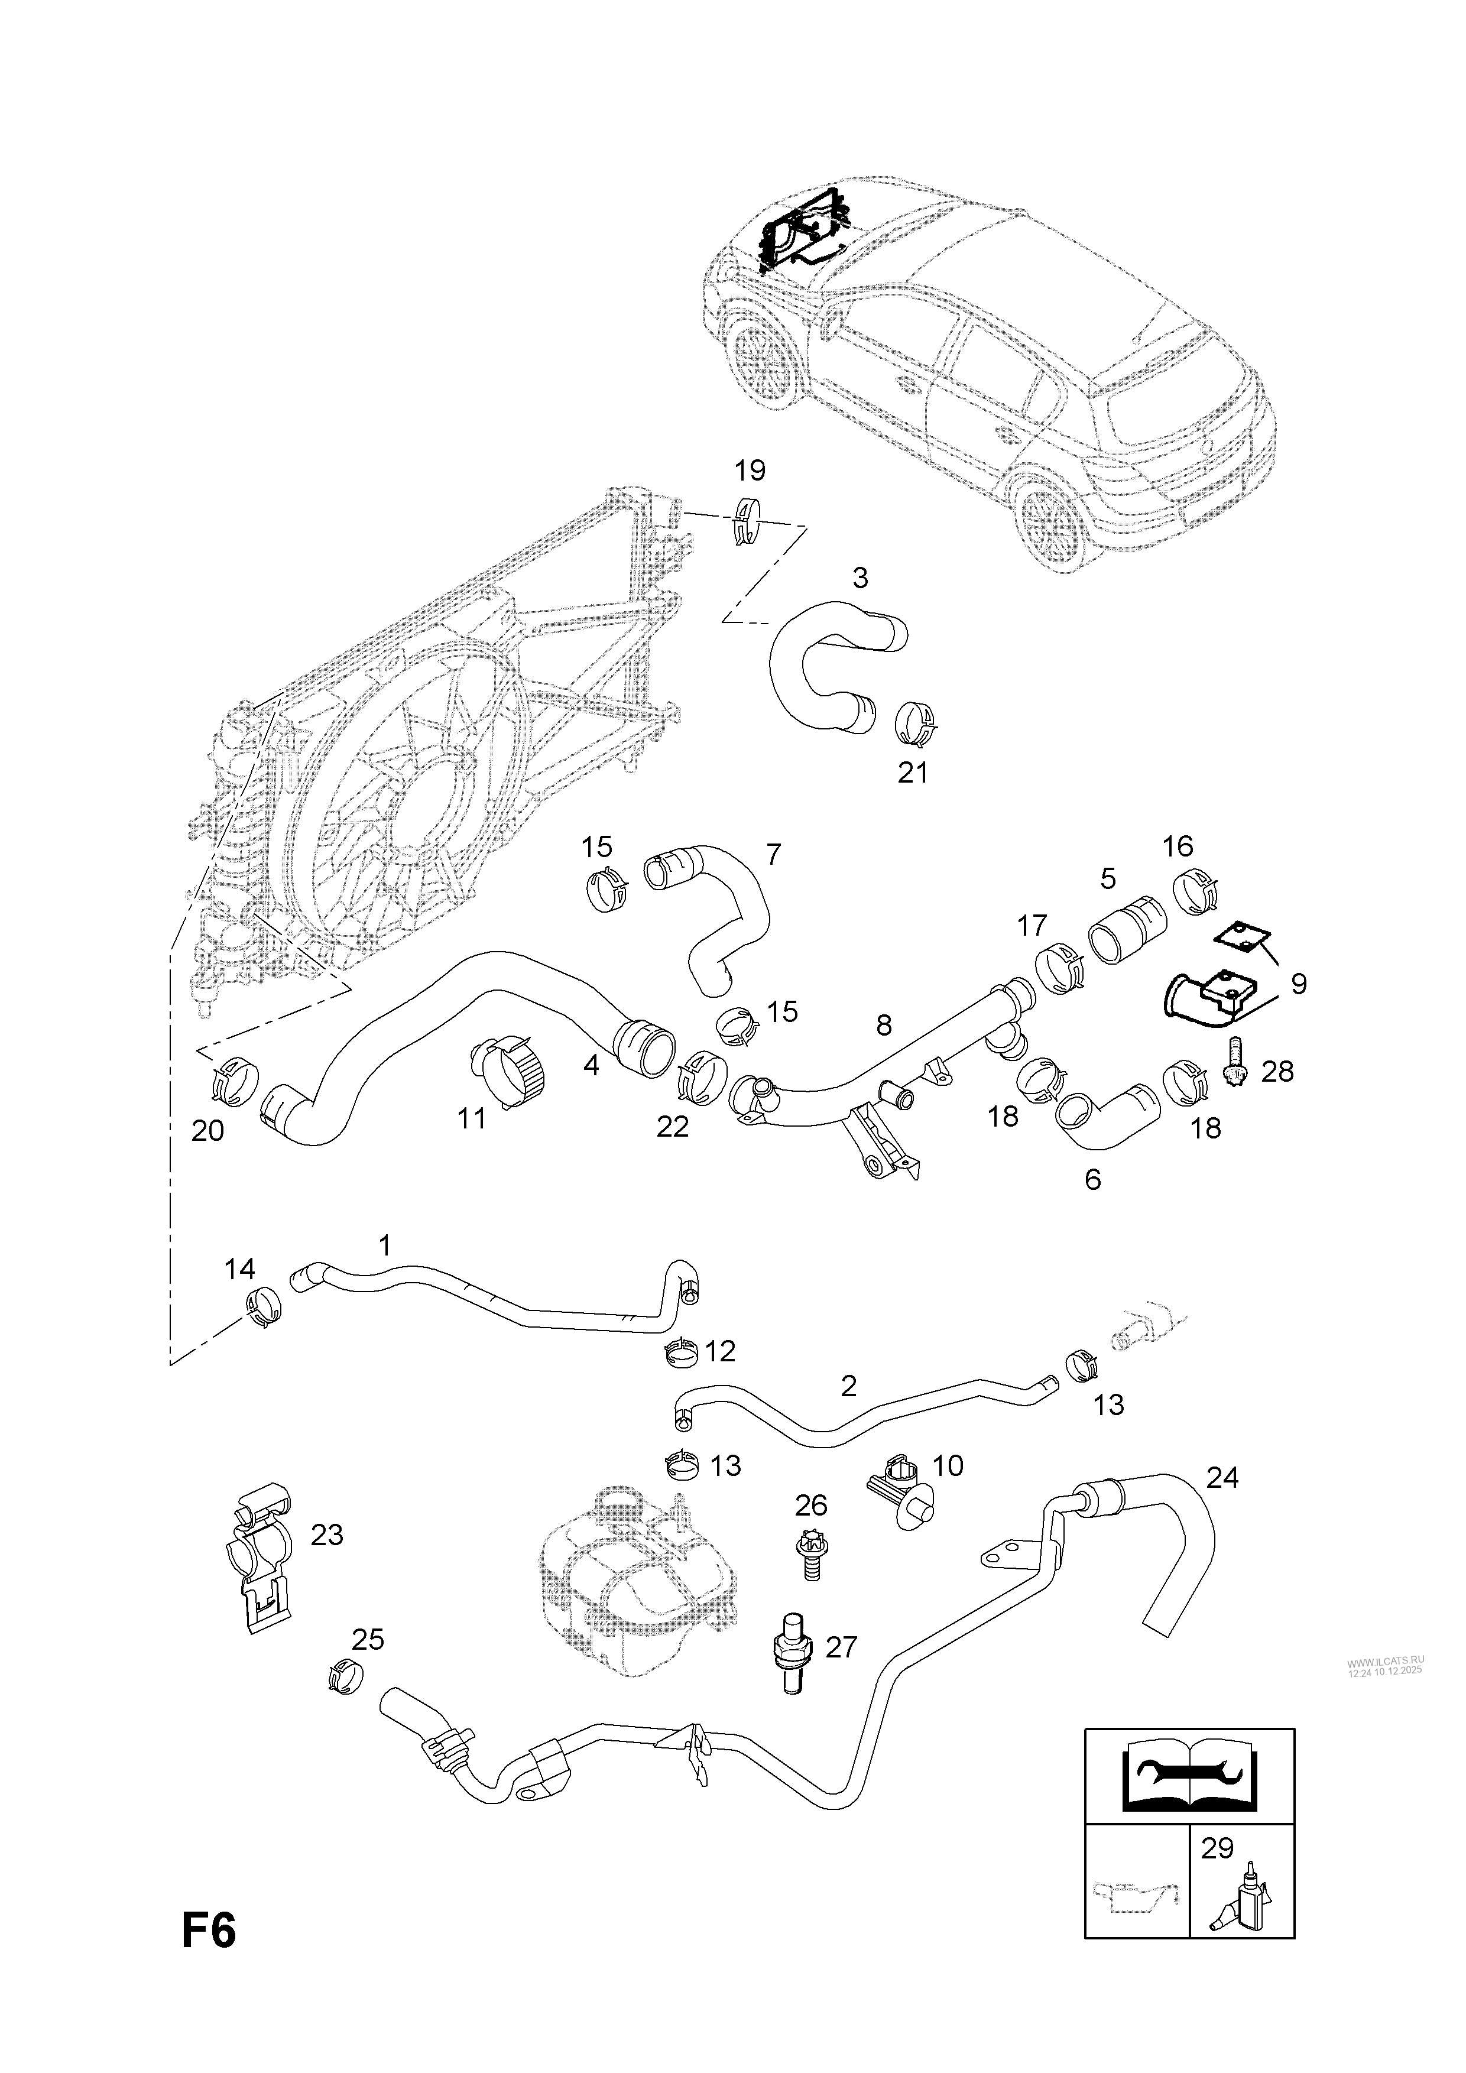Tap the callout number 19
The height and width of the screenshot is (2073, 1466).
749,471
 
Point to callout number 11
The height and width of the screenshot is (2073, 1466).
471,1118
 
